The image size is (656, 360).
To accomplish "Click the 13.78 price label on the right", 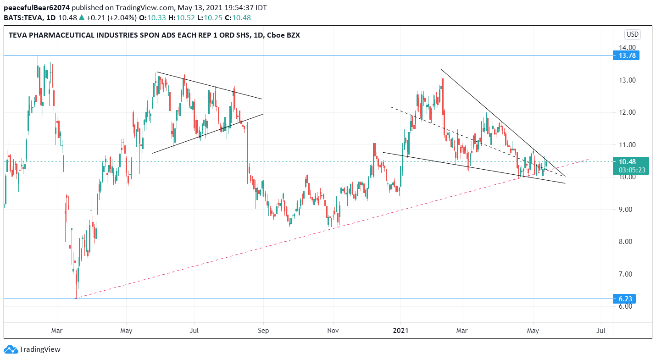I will click(x=628, y=55).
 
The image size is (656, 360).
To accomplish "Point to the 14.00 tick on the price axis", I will click(x=627, y=48).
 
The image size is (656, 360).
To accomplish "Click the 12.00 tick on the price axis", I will click(x=627, y=112).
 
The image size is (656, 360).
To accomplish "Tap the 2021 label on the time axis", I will click(x=401, y=330).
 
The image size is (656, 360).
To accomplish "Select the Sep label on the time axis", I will click(x=263, y=330).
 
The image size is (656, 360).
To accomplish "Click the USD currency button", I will click(x=632, y=34).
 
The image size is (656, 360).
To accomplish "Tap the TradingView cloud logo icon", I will click(x=11, y=349).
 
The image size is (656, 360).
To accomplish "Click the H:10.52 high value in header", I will click(x=177, y=18).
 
